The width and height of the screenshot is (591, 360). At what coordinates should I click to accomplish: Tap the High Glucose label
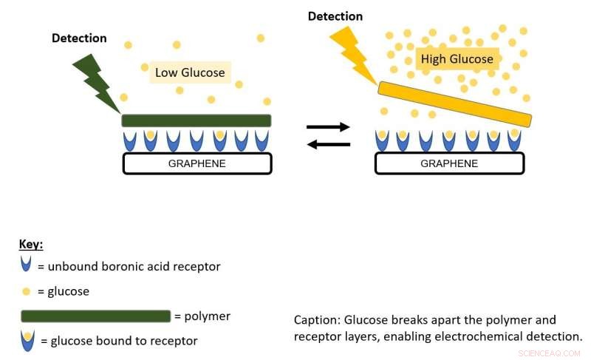[457, 58]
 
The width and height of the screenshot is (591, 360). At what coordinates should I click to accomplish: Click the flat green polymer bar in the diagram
[196, 120]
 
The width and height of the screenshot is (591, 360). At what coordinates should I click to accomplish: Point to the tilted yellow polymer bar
[454, 104]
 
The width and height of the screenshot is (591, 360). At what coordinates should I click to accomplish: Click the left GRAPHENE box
[197, 163]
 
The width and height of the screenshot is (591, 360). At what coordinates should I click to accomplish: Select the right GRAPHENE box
[449, 163]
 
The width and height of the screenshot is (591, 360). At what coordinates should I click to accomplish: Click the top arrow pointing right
[328, 127]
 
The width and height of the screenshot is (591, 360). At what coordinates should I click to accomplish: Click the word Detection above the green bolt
[79, 38]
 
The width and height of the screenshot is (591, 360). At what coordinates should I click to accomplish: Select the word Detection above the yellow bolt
[335, 16]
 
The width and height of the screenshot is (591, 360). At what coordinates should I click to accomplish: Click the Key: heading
[33, 243]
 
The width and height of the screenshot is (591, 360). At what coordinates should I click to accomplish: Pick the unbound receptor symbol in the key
[27, 265]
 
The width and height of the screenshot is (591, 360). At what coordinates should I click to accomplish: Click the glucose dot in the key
[27, 291]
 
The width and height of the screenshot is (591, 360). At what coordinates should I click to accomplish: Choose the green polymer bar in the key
[95, 316]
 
